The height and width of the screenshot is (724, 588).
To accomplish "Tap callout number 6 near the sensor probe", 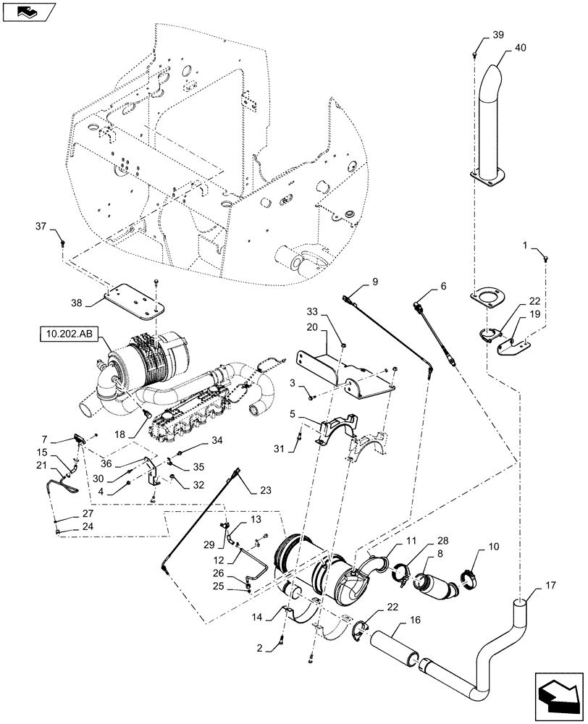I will tap(443, 287).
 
